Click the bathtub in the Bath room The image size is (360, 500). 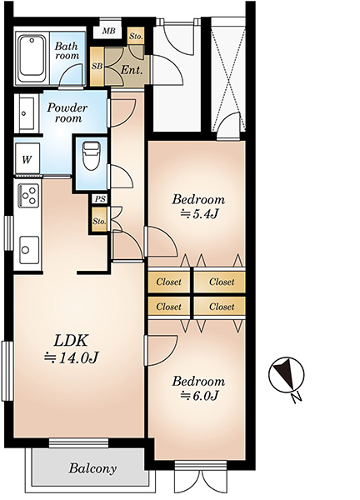coord(31,58)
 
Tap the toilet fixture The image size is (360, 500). coord(91,156)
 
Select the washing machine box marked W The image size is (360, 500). coord(27,159)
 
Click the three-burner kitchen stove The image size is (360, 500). coord(28,195)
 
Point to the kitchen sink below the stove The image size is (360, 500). coord(29,250)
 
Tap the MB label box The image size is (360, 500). coord(108,32)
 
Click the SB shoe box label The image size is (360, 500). coord(97,67)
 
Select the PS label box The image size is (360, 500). coord(100,199)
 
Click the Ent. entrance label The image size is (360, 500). coord(131,70)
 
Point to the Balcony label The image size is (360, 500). coord(92,468)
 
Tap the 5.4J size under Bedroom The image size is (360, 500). coord(199,214)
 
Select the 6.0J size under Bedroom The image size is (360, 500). coord(199,396)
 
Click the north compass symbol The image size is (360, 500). coord(287,373)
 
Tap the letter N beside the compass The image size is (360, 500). coord(297,397)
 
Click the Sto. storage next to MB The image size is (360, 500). coord(136,37)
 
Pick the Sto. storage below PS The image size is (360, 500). coord(99,221)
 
